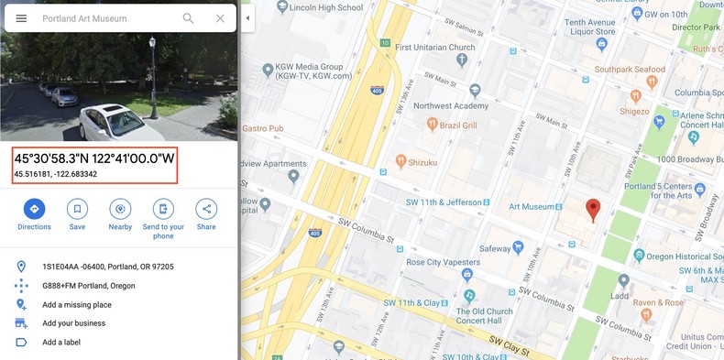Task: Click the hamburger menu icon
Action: (21, 18)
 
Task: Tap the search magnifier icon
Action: (189, 18)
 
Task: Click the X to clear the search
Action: (220, 18)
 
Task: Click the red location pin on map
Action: (593, 210)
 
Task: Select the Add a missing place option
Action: (77, 304)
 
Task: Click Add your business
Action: (73, 323)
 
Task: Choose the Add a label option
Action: (62, 343)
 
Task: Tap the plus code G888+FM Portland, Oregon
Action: (89, 286)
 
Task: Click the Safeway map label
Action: (496, 247)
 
